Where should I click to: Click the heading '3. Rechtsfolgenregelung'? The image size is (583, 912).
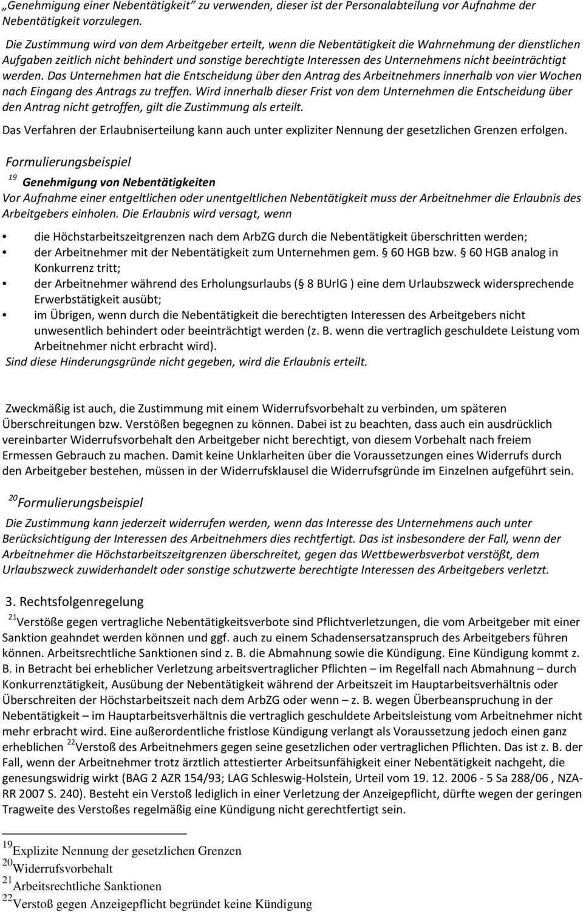pyautogui.click(x=75, y=601)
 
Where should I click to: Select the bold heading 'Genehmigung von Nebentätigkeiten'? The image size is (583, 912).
pyautogui.click(x=118, y=182)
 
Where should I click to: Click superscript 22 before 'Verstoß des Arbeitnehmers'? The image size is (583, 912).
pyautogui.click(x=70, y=743)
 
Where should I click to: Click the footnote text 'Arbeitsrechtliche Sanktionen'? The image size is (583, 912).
pyautogui.click(x=87, y=886)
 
